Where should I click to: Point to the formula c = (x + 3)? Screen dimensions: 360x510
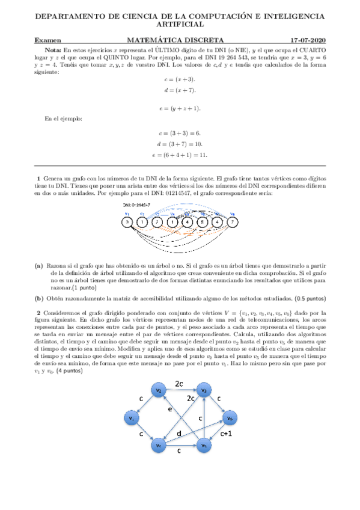(x=180, y=79)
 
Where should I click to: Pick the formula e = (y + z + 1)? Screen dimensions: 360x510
(x=180, y=108)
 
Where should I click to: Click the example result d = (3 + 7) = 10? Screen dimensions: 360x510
(x=180, y=144)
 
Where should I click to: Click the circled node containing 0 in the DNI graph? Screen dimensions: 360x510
(x=127, y=222)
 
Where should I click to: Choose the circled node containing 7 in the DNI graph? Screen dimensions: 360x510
(x=232, y=222)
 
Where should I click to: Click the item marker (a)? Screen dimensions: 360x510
(x=38, y=265)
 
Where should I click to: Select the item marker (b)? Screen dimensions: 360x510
(x=38, y=298)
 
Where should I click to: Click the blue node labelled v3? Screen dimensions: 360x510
(x=204, y=392)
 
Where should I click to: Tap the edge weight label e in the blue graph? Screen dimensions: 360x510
(x=170, y=408)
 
